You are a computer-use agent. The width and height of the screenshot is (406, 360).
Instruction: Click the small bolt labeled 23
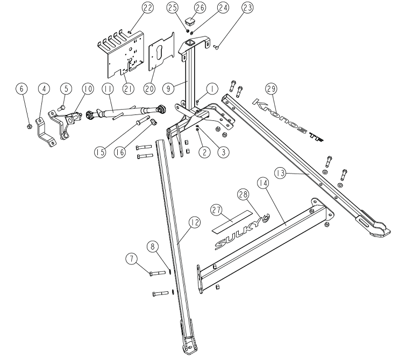coord(215,48)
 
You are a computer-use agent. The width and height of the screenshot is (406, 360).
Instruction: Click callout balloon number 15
coord(99,152)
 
